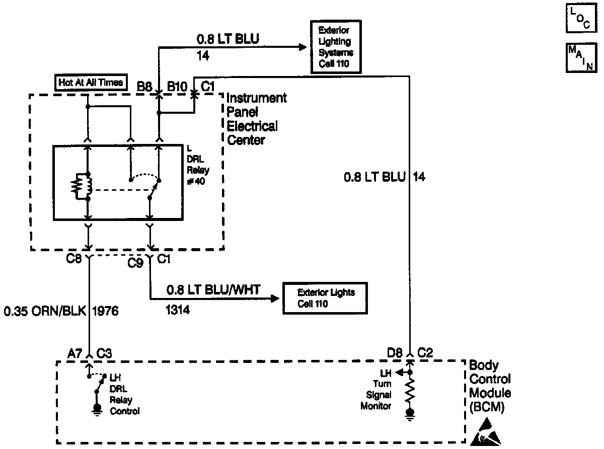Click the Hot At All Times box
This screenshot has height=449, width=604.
coord(91,82)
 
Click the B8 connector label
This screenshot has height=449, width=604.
coord(144,86)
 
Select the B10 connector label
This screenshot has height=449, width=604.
coord(177,86)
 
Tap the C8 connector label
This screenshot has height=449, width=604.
coord(74,261)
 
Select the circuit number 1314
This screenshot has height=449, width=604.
coord(178,311)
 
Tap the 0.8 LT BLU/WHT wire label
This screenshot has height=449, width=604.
coord(213,290)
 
